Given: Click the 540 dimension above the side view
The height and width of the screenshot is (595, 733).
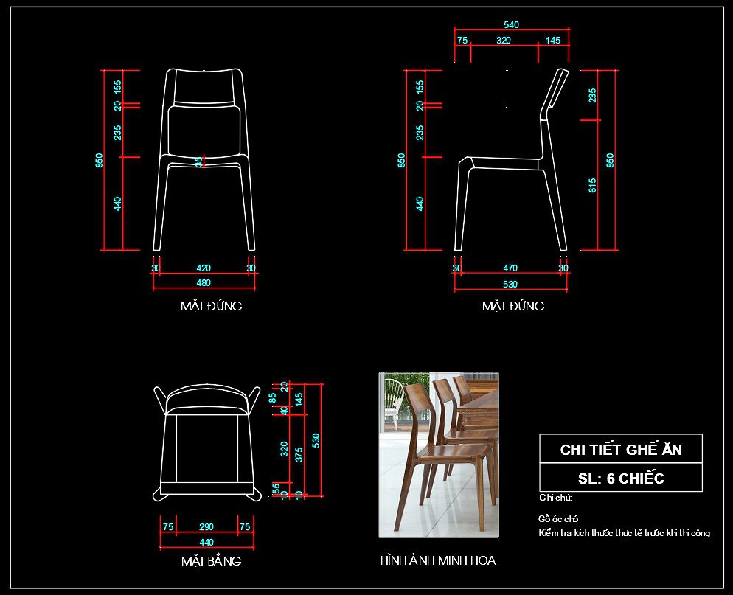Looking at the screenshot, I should coord(511,24).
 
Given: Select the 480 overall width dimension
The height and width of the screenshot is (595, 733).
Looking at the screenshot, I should coord(204,282).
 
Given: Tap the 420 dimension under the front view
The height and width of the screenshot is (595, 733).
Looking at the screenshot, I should coord(204,268).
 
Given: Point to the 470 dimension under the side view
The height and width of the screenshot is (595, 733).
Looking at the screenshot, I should coord(510,268).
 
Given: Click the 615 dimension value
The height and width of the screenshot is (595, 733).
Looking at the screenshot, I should coord(592,185).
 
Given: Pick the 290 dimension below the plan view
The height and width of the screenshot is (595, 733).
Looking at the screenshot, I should coord(206,526).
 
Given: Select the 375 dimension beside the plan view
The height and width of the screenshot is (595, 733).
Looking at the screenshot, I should coord(299,454).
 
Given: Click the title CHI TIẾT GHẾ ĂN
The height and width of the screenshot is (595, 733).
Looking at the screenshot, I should coord(621,450).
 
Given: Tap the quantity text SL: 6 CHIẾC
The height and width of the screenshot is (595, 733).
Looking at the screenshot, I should coord(621,479).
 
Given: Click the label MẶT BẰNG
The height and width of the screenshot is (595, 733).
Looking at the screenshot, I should coord(211,561).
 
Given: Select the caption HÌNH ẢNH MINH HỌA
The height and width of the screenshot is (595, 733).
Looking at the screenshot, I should coord(438,560).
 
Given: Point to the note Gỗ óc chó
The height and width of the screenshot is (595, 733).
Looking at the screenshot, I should coord(558,519).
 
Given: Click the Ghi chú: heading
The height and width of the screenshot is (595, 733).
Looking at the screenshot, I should coord(555,497).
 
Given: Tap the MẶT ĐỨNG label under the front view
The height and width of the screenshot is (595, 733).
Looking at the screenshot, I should coord(211,306).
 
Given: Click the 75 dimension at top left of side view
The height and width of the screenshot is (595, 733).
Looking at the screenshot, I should coord(462,40).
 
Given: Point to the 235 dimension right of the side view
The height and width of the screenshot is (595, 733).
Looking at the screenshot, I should coord(592,95).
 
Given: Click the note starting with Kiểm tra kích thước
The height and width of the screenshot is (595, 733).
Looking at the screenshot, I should coord(624,532).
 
